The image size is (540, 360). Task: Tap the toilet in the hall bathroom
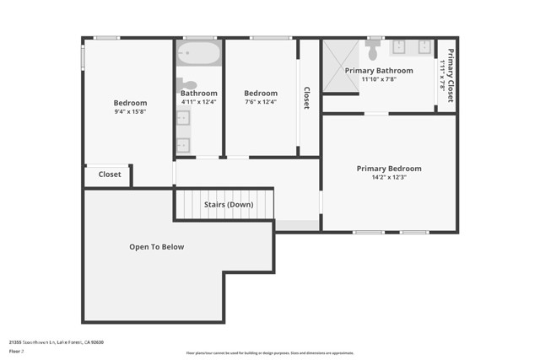187,84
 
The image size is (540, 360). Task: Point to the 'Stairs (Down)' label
229,205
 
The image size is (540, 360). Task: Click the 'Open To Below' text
156,247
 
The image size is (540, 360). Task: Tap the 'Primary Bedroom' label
388,169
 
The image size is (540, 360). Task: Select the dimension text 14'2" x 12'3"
388,177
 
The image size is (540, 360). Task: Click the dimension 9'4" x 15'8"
130,112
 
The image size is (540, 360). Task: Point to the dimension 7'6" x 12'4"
260,102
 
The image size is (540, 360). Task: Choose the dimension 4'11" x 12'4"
199,102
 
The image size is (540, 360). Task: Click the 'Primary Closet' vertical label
450,76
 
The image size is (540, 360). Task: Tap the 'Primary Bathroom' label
379,71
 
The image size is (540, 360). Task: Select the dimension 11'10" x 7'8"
379,79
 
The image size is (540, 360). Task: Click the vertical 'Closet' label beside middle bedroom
306,98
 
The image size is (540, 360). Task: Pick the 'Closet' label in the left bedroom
110,175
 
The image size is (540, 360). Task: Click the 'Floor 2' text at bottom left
16,350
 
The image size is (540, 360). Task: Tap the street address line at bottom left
56,342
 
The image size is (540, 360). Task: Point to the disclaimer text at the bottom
269,352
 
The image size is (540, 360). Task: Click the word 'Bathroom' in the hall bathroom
199,94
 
